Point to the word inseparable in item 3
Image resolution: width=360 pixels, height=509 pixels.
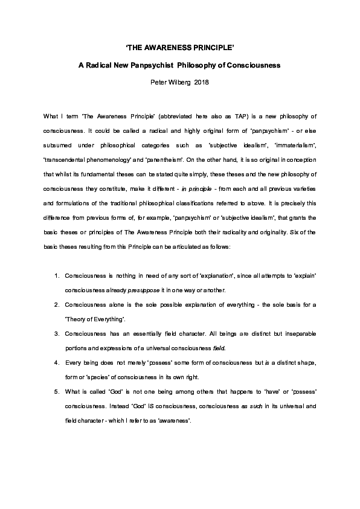click(x=275, y=334)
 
